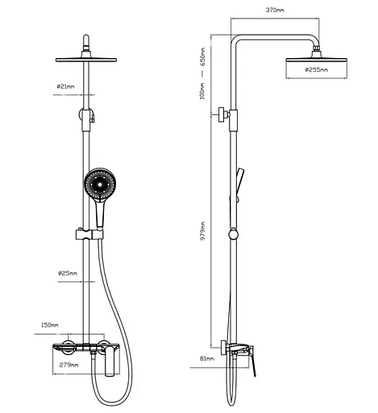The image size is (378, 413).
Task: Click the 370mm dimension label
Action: (x=275, y=10)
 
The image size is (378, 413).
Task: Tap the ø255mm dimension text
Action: (x=317, y=70)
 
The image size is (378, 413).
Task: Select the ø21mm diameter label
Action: (x=65, y=86)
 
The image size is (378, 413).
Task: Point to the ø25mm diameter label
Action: (x=68, y=273)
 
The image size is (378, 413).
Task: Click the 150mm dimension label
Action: (x=50, y=325)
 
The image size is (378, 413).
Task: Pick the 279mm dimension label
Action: (x=69, y=365)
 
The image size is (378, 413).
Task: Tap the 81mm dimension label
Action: (x=206, y=358)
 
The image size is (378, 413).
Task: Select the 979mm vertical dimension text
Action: (x=202, y=231)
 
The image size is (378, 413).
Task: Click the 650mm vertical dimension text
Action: (x=202, y=56)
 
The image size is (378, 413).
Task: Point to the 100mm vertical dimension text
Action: (x=202, y=91)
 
